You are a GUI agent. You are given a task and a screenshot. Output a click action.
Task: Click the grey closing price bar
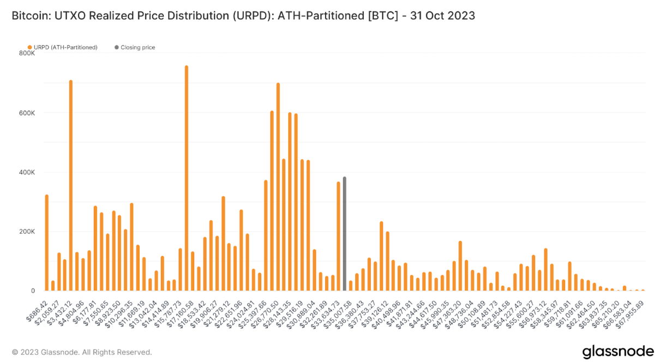344,234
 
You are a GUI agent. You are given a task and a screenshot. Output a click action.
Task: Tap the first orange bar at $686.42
47,243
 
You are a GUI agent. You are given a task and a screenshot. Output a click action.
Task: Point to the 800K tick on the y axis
27,53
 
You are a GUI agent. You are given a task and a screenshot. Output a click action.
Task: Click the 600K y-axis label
27,113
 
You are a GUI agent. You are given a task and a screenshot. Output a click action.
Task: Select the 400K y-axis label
27,172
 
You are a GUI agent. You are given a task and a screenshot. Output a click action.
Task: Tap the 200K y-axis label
27,232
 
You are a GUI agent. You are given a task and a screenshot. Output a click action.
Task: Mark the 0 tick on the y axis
33,291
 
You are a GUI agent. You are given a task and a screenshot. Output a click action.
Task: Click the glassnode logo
617,352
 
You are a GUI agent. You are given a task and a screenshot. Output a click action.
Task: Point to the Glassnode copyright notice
82,352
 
